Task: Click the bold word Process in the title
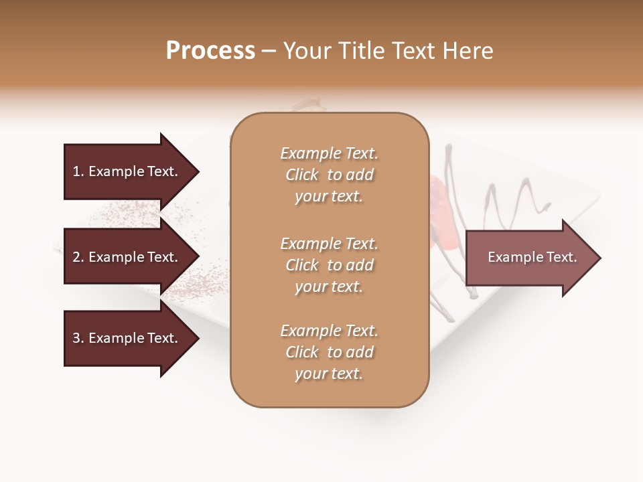point(210,51)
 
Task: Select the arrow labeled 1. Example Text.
point(127,171)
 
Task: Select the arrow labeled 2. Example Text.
point(127,257)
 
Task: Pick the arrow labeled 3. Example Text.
point(127,338)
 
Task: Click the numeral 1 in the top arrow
point(76,171)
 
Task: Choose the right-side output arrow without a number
point(529,258)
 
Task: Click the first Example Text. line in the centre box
point(329,153)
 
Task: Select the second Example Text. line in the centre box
point(329,244)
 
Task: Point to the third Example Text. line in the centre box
point(329,331)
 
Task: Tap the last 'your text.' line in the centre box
point(329,374)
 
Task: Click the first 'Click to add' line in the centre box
point(329,175)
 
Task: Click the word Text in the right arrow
point(562,257)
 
